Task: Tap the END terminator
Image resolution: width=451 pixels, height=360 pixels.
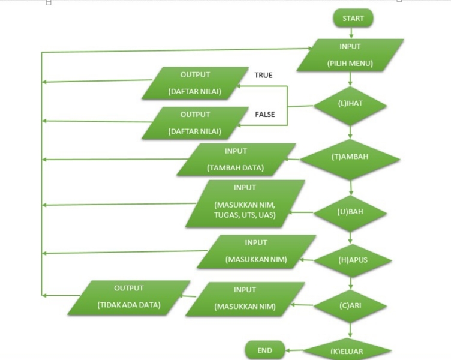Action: coord(264,350)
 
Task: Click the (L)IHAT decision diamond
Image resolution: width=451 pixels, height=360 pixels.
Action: coord(350,103)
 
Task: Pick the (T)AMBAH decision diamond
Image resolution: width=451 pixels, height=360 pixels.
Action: coord(350,157)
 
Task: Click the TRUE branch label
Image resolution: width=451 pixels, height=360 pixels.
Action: coord(263,75)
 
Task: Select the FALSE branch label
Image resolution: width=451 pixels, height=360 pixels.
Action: coord(265,114)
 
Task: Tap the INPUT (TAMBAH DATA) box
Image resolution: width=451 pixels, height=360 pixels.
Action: coord(236,160)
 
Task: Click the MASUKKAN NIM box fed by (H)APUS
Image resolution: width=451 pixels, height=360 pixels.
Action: coord(256,251)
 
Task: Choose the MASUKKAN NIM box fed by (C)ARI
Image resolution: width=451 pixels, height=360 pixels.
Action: coord(245,298)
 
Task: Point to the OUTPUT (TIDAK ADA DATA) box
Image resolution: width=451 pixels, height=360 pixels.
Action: coord(128,297)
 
